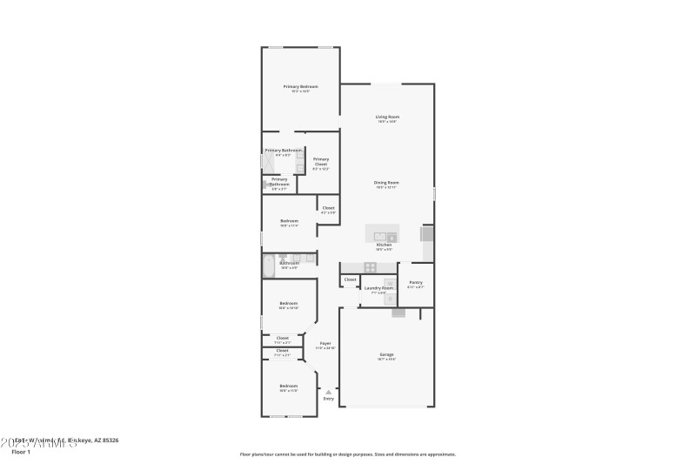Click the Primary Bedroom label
coord(300,87)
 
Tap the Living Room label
coord(387,117)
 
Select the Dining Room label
coord(385,183)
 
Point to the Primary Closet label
coord(321,161)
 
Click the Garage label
coord(386,355)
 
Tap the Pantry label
coord(416,282)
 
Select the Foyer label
coord(325,344)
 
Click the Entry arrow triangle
coord(328,393)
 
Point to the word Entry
coord(328,400)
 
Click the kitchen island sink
coord(381,236)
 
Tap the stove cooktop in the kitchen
coord(370,267)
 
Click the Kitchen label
coord(384,245)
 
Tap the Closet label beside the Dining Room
coord(328,208)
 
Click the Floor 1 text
coord(21,452)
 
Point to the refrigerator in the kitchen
coord(427,234)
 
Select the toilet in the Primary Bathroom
coord(268,185)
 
